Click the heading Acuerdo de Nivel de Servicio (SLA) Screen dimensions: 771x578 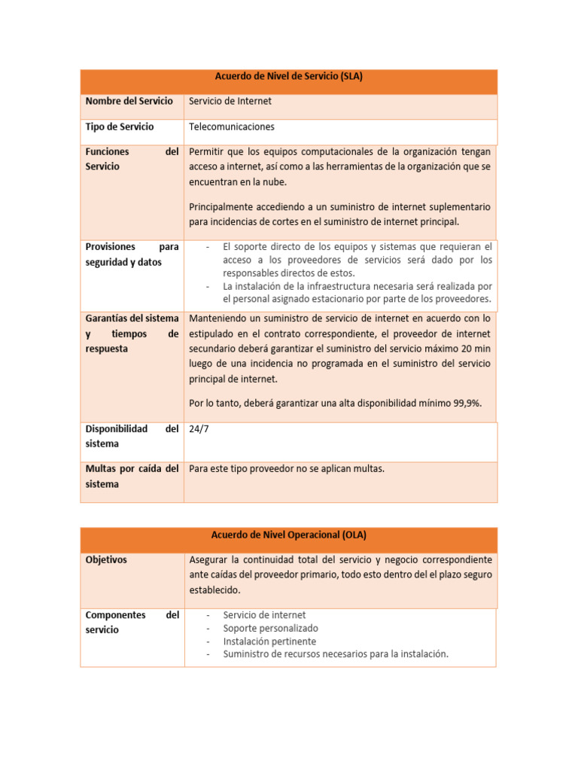coord(289,76)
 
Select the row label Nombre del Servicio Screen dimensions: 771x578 coord(129,101)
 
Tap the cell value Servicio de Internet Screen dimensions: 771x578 coord(230,101)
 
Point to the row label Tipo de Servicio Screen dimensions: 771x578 coord(120,126)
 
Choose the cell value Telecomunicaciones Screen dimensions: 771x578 coord(232,126)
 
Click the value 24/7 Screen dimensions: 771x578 coord(199,428)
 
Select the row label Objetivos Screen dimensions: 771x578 coord(106,560)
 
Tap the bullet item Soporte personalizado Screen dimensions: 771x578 coord(270,628)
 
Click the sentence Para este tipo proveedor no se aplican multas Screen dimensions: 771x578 coord(287,468)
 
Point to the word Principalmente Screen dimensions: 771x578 coord(224,206)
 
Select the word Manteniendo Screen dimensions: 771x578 coord(220,318)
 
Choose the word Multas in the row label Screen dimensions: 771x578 coord(101,468)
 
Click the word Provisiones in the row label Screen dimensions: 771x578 coord(110,246)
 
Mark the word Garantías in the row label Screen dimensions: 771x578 coord(107,318)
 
